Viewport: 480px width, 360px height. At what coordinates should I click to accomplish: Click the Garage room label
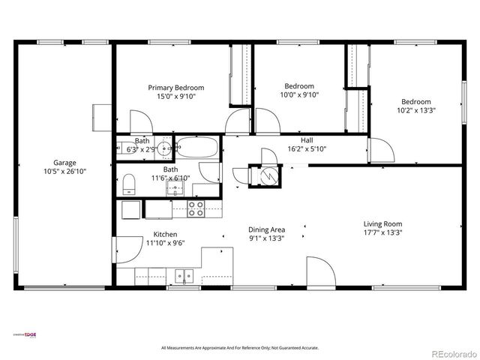[x=64, y=162]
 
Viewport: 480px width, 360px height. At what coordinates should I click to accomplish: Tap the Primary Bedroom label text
[x=175, y=88]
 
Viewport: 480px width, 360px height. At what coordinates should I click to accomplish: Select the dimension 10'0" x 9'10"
[x=299, y=95]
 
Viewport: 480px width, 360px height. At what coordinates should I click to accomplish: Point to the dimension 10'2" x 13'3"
[x=415, y=110]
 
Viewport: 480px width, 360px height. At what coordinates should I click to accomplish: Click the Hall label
[x=307, y=140]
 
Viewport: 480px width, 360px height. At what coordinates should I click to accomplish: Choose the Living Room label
[x=382, y=223]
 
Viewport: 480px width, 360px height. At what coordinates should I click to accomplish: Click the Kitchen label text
[x=165, y=234]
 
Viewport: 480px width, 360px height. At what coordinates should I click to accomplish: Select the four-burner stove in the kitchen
[x=196, y=208]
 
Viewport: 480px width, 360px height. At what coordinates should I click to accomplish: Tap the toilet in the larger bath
[x=128, y=184]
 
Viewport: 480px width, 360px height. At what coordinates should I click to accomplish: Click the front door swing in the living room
[x=319, y=271]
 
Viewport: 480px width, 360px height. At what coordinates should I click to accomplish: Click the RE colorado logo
[x=452, y=353]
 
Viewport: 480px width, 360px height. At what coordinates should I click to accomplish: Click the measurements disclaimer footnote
[x=240, y=348]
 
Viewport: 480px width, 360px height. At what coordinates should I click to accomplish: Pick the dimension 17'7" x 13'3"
[x=382, y=232]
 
